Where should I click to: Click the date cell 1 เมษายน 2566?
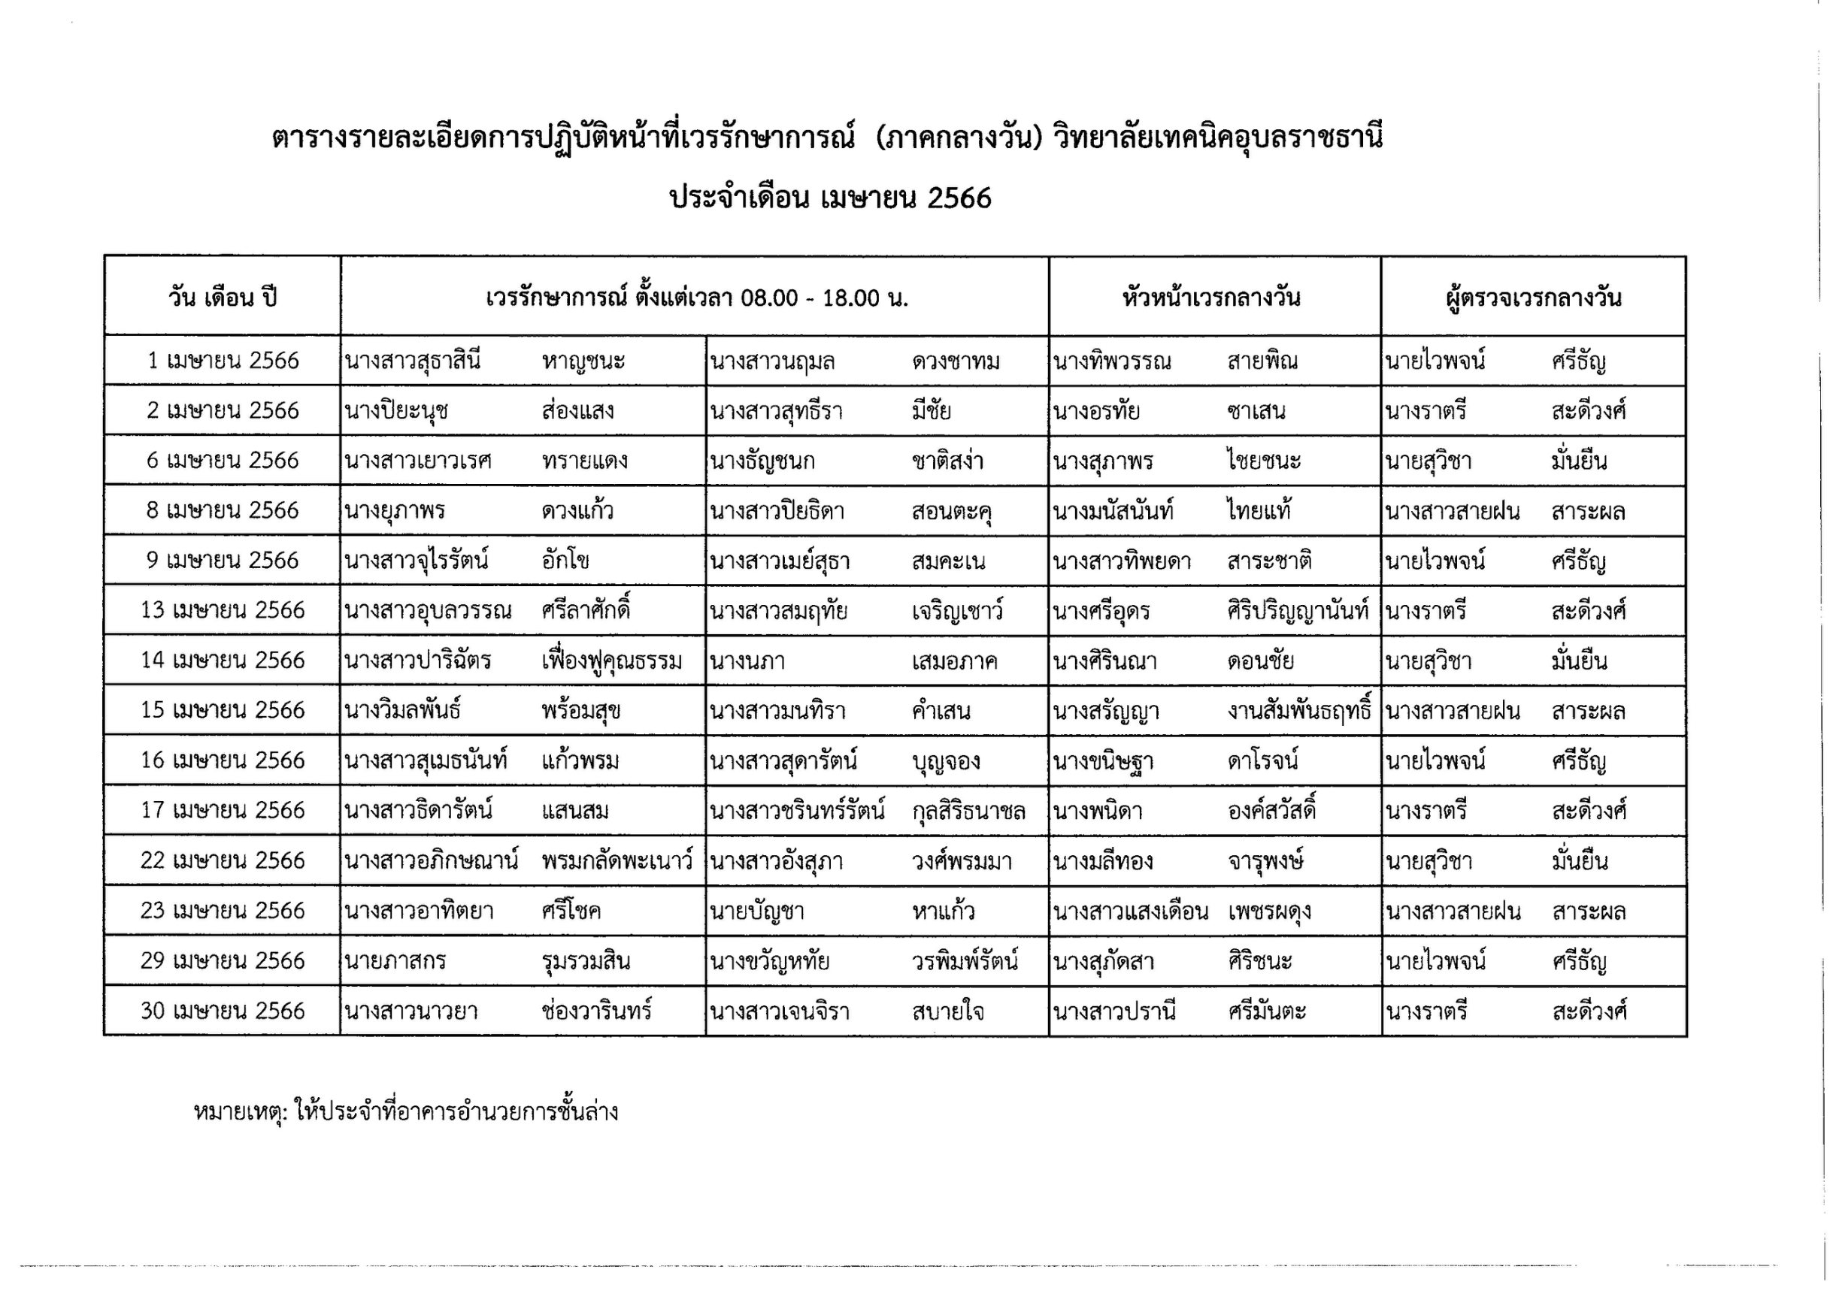coord(223,361)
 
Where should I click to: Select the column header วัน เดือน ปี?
coord(223,298)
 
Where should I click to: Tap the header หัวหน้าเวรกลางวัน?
coord(1211,298)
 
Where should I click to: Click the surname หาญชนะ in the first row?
coord(583,361)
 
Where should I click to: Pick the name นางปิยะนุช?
coord(396,411)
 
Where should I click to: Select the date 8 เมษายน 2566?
coord(223,511)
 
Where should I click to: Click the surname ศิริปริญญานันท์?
coord(1298,611)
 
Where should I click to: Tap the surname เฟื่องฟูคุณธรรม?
coord(611,661)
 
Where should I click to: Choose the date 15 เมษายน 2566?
coord(223,711)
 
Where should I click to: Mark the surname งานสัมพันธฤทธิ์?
coord(1300,711)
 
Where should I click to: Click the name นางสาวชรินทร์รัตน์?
coord(798,811)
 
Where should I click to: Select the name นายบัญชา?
coord(757,912)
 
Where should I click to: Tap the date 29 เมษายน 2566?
coord(223,961)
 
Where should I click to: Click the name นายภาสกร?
coord(395,962)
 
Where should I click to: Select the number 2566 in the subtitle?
coord(959,198)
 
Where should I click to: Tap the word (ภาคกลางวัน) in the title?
coord(959,138)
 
